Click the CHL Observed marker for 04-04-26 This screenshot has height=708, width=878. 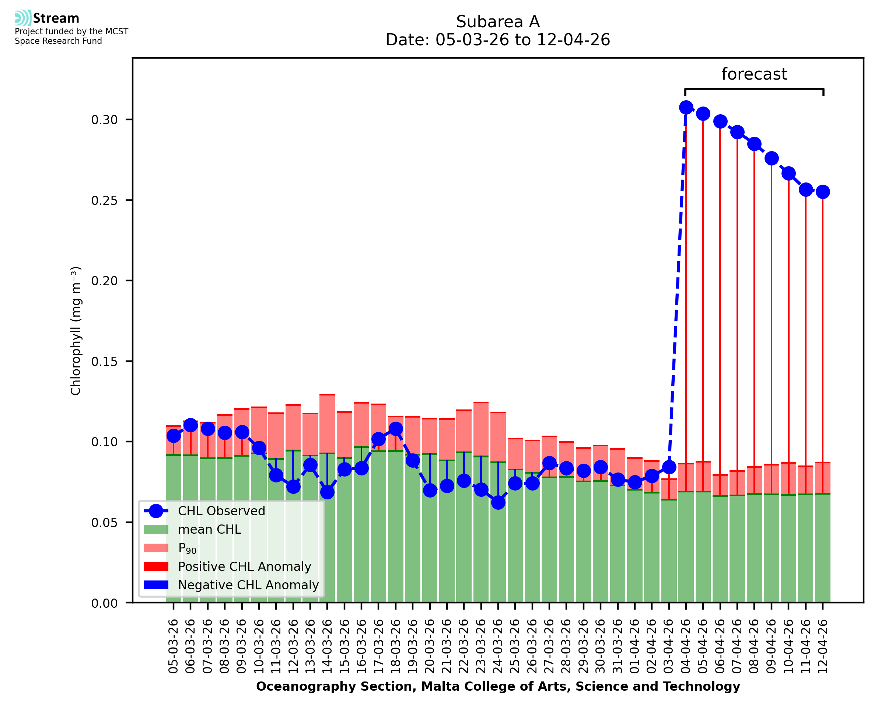686,108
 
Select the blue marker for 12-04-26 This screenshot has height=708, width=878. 823,192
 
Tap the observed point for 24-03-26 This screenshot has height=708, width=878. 498,502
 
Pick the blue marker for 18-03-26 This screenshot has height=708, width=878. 395,429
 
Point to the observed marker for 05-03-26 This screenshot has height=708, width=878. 174,436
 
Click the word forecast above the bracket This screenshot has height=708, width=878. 754,74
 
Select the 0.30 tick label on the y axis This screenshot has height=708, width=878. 104,120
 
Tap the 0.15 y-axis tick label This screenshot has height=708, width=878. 104,361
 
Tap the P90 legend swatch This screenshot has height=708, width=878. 156,548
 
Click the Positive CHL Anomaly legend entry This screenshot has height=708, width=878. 227,566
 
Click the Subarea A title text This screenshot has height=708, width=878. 498,22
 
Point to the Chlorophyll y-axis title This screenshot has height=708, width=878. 76,331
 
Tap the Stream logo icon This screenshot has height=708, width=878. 23,18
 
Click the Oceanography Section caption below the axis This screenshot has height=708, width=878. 498,686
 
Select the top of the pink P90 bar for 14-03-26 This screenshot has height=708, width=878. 327,395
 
